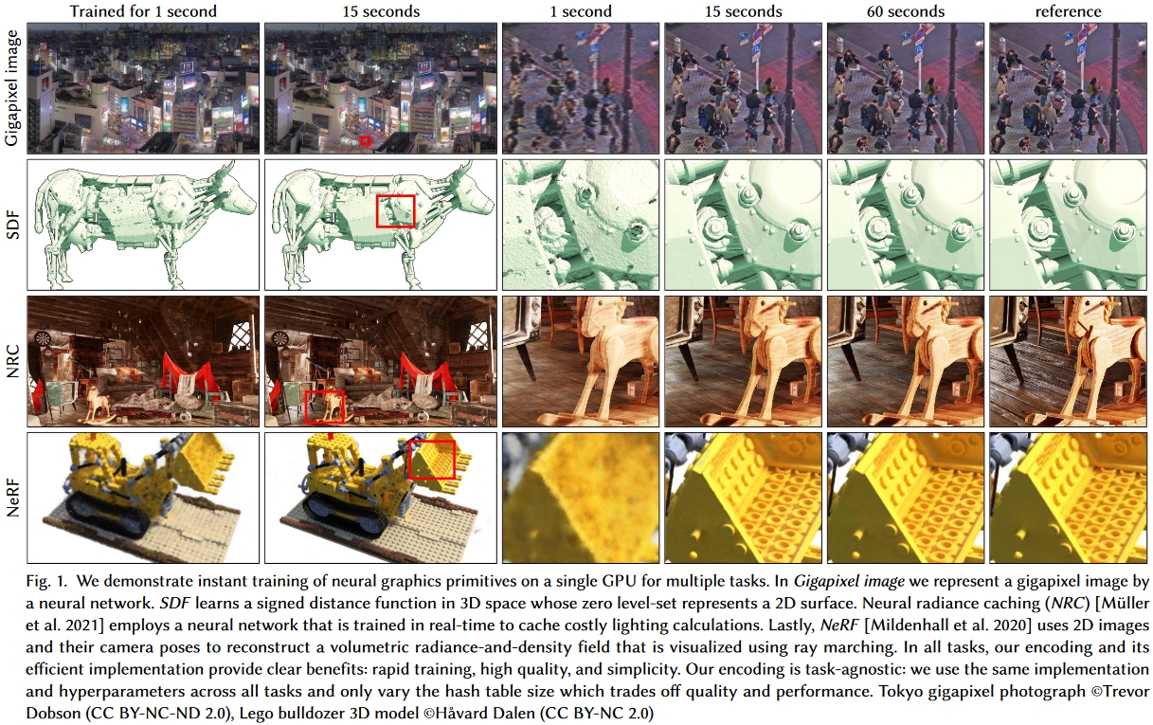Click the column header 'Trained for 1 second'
143,11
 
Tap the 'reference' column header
1068,11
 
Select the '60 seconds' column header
906,11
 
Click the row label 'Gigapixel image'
11,88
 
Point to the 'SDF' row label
11,225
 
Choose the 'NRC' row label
11,361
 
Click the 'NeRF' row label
11,498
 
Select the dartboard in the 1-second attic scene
44,337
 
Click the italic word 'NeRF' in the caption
839,625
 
